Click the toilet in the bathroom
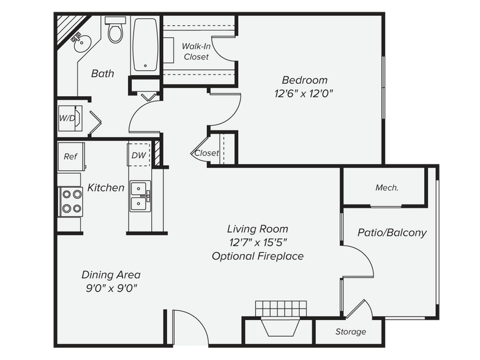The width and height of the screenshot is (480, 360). coord(115,30)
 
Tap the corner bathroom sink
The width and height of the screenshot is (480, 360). coord(80,42)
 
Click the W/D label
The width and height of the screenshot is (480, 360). coord(66,117)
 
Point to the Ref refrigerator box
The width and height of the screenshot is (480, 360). coord(70,156)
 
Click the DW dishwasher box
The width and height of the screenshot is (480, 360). coord(138,155)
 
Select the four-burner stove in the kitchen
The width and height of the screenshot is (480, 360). coord(70,201)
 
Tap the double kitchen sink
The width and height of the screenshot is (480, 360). coord(140,196)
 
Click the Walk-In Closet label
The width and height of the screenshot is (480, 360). coord(196,51)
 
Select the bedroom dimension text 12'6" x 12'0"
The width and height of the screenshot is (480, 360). coord(304,94)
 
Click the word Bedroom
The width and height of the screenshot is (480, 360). coord(304,80)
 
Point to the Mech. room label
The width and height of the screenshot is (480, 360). coord(386,188)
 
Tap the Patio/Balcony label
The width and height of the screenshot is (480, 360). coord(392,233)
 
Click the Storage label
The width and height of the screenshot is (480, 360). coord(350,332)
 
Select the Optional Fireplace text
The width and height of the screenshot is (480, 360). coord(257,256)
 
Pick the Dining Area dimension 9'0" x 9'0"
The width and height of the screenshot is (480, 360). coord(111,288)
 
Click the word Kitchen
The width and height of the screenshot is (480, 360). coord(106,187)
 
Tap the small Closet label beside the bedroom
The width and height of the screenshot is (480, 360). coord(206,153)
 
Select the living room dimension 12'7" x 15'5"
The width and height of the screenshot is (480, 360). coord(257,242)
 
